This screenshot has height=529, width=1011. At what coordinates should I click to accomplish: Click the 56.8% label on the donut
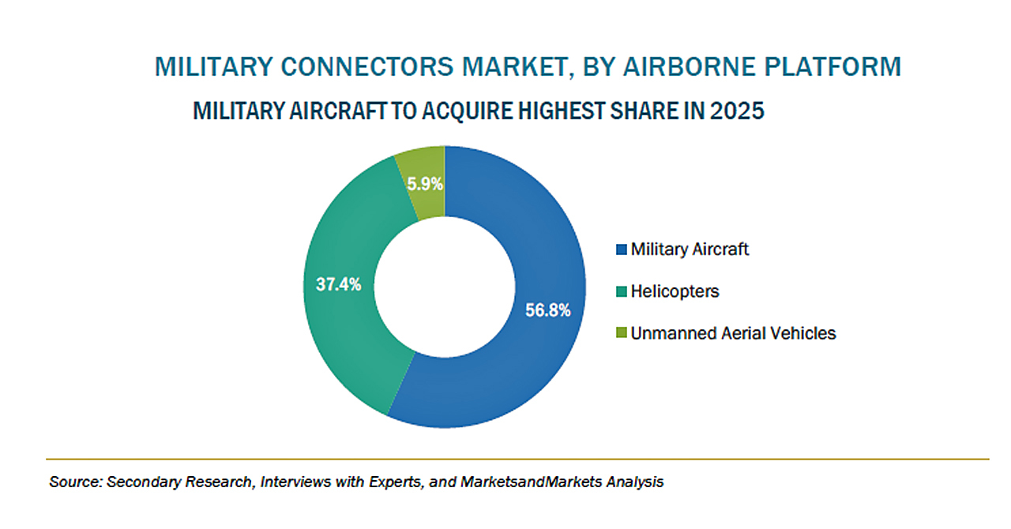click(548, 310)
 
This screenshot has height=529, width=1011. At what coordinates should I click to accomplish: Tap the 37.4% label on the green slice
click(339, 284)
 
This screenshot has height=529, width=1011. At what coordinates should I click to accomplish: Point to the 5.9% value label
click(425, 184)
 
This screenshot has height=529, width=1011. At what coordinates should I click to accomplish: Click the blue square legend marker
click(622, 249)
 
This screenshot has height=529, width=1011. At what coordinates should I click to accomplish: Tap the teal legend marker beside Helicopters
click(622, 291)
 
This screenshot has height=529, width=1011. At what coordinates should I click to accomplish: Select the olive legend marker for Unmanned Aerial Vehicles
click(622, 333)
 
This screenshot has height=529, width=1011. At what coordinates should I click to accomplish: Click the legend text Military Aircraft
click(690, 249)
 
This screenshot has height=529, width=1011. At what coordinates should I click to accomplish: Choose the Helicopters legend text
click(675, 291)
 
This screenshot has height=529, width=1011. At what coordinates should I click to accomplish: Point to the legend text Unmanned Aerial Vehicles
click(734, 333)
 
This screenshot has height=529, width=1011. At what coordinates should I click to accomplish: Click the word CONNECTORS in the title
click(367, 67)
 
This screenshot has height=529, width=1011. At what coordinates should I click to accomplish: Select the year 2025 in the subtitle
click(737, 111)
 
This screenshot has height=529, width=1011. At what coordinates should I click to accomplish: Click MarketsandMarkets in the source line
click(532, 482)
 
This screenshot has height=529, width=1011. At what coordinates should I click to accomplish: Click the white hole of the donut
click(445, 287)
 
